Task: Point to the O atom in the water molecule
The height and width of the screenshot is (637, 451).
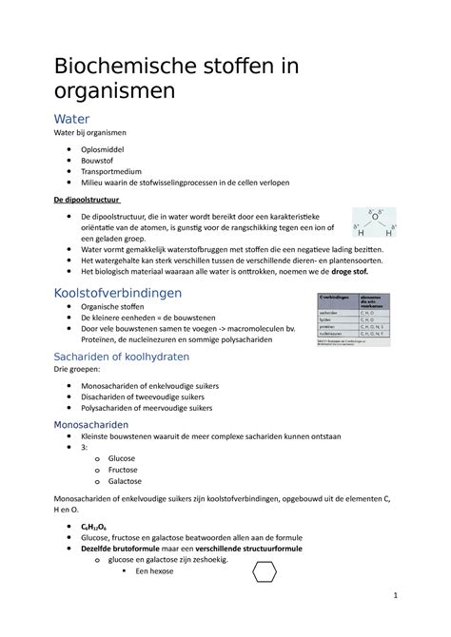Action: point(376,216)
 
